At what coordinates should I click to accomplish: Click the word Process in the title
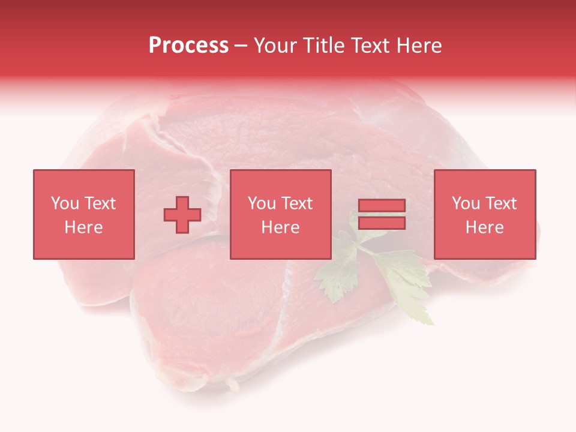188,46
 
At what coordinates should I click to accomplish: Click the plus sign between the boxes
182,214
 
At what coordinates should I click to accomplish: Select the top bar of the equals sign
382,206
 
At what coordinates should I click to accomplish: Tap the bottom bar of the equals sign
382,223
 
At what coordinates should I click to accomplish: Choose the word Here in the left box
83,227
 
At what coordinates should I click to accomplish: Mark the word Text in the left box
99,203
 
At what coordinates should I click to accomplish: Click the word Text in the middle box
296,203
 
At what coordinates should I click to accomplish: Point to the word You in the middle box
262,203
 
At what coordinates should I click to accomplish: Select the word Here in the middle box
280,227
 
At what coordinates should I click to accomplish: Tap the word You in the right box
466,203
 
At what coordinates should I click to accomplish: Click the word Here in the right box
484,227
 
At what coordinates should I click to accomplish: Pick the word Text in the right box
500,203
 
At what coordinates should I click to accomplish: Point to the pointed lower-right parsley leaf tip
431,323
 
